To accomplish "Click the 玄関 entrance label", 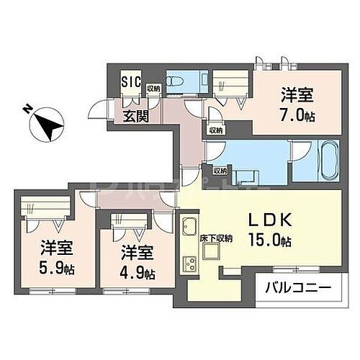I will [136, 115].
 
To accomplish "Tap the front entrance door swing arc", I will [95, 109].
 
